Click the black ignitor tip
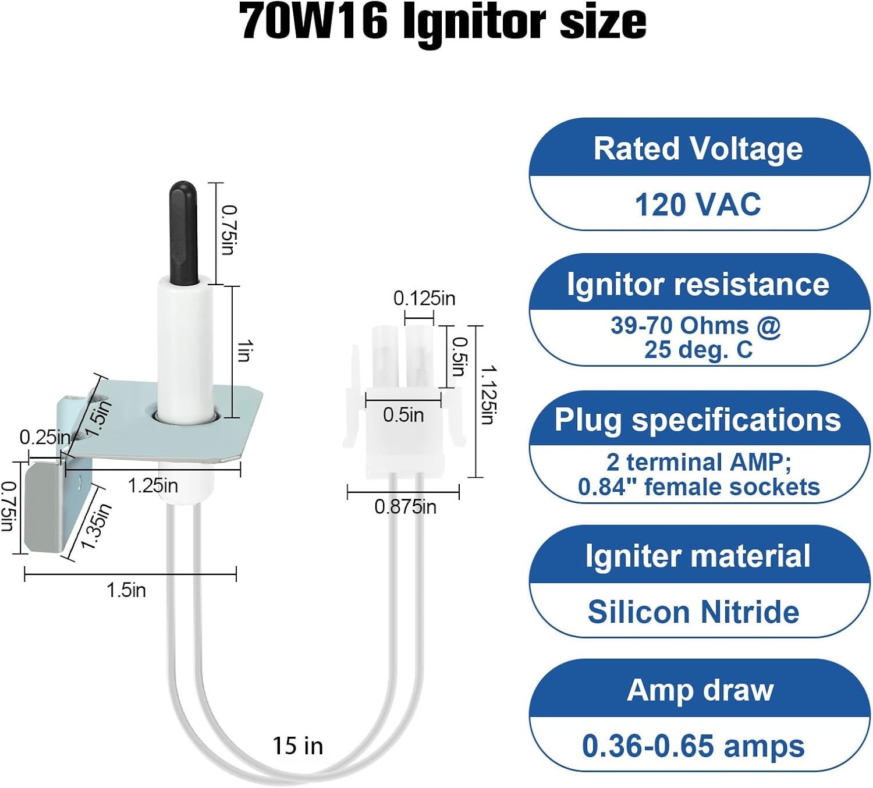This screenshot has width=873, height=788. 183,233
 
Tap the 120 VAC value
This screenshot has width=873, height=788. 698,205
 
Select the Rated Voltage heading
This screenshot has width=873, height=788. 698,148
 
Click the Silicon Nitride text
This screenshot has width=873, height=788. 693,612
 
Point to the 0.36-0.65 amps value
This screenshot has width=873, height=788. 693,746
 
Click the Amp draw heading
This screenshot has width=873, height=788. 700,690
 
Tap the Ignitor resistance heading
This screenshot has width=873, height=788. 698,285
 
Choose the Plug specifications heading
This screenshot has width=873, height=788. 698,420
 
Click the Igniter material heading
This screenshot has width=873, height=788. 698,556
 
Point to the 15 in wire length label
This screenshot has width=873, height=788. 298,746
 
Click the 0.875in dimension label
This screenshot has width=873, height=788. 405,507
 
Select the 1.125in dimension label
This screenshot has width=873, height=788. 488,395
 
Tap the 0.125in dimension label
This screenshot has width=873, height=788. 424,299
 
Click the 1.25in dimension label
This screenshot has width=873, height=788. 152,485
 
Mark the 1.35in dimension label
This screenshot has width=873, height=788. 96,527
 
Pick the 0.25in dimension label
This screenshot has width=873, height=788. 45,437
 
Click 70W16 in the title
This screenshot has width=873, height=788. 313,22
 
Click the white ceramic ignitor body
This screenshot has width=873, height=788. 184,349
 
